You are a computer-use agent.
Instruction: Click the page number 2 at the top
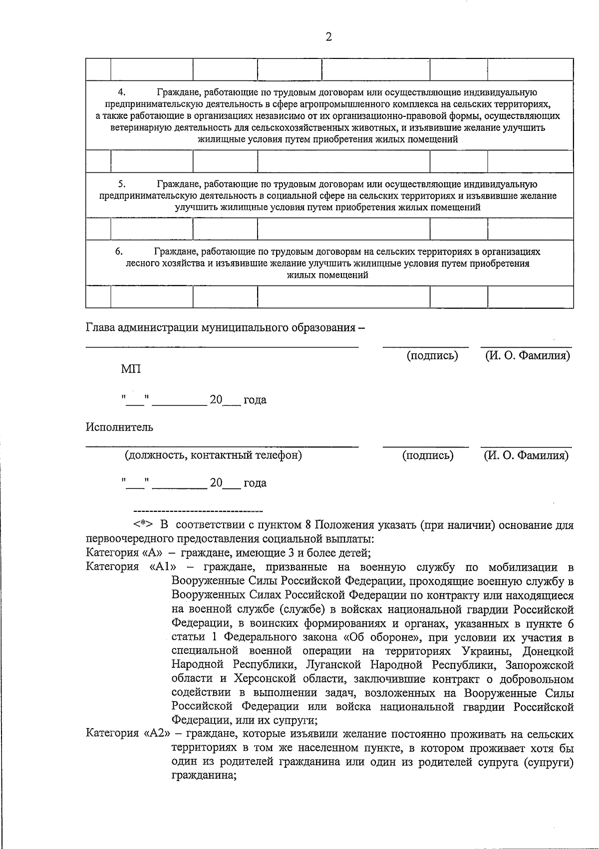click(328, 36)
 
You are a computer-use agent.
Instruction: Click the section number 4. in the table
click(121, 92)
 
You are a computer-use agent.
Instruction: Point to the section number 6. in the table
click(119, 252)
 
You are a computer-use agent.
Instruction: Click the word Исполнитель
click(119, 427)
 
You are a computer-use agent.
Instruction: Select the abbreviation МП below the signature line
click(131, 369)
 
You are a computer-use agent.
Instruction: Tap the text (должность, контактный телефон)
click(213, 455)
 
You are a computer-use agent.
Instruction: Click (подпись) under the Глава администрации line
click(432, 356)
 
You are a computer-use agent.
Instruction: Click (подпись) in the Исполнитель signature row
click(428, 455)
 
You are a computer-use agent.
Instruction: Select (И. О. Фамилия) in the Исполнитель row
click(526, 455)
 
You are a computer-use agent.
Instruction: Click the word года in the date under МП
click(255, 400)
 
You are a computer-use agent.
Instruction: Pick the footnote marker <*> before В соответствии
click(143, 525)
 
